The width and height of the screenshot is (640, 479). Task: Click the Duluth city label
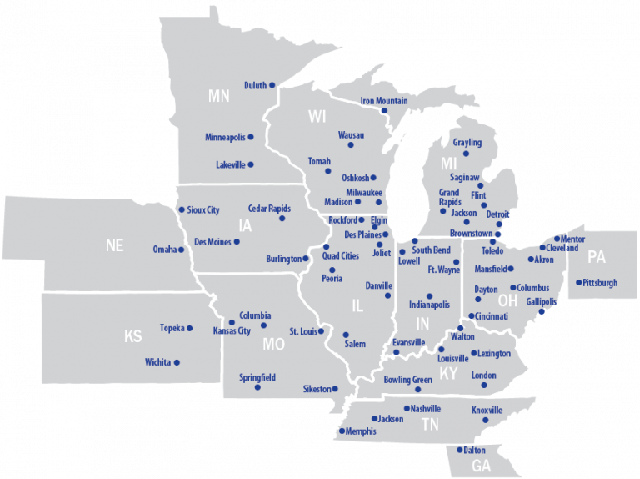coord(255,85)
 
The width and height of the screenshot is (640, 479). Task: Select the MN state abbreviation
coord(219,96)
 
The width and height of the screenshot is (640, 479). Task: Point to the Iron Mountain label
coord(384,101)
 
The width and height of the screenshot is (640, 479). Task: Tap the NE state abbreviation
coord(114,245)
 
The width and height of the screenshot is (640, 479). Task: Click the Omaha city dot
coord(182,250)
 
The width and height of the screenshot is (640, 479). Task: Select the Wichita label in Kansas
coord(157,362)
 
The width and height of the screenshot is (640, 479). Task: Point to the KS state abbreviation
coord(133,336)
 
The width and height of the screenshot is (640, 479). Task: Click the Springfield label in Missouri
coord(257,377)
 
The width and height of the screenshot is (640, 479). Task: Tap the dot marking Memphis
coord(342,431)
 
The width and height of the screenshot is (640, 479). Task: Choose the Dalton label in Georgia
coord(475,450)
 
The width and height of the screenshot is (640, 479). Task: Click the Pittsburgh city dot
coord(578,283)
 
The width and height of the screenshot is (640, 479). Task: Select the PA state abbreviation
coord(597,256)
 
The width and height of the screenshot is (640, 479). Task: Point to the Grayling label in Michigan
coord(467,143)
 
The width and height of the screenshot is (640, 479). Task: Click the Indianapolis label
coord(429,305)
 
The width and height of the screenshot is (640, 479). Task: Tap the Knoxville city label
coord(487,410)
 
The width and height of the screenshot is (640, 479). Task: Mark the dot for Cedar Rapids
coord(282,219)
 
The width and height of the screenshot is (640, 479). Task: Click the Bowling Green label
coord(408,380)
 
